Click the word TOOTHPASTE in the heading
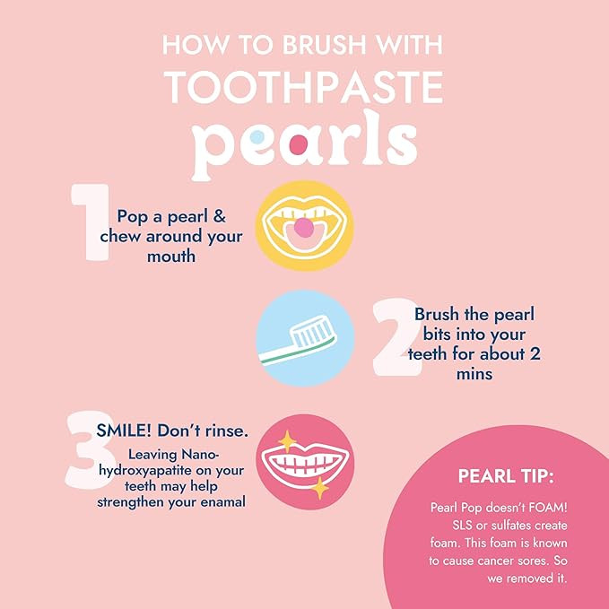click(305, 87)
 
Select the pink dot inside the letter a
click(300, 144)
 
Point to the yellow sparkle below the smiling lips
click(318, 489)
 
